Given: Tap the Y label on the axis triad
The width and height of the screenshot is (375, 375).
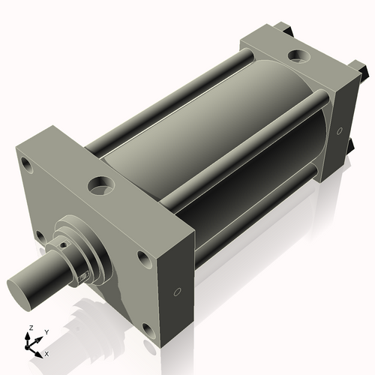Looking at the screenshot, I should coord(46,331).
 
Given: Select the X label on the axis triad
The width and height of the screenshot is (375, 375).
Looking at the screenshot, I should coord(47,352).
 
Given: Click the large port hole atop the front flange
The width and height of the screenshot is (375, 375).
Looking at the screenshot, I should coord(100,183).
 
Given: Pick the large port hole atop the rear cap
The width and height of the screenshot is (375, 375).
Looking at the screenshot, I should coord(300,56).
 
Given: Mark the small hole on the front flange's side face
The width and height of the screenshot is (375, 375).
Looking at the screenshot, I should coord(177,292).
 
